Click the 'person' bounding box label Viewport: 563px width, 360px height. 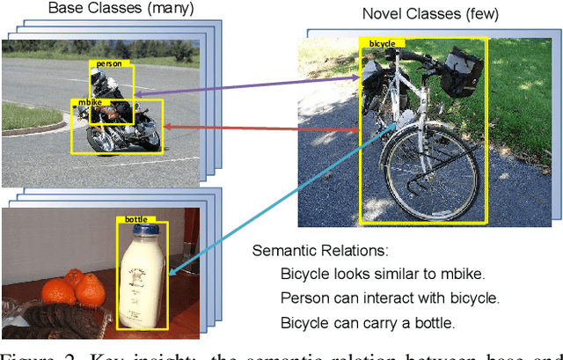pyautogui.click(x=109, y=64)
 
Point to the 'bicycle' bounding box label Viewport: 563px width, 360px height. pyautogui.click(x=382, y=43)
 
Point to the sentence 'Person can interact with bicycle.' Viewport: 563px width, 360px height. pyautogui.click(x=390, y=298)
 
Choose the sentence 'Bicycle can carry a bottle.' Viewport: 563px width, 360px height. pyautogui.click(x=368, y=323)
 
